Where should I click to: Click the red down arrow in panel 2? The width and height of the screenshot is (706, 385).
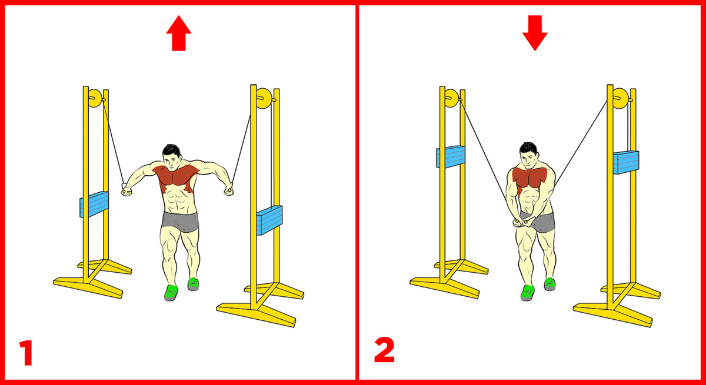click(535, 33)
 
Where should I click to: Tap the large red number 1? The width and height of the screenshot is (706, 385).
click(26, 352)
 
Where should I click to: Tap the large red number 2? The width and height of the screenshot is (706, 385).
click(384, 350)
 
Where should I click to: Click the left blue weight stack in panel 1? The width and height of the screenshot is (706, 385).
click(94, 205)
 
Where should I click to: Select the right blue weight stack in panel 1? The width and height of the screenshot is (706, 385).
click(269, 220)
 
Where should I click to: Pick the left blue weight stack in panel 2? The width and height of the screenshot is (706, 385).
click(451, 156)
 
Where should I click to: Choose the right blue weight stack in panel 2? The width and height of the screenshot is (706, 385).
click(626, 162)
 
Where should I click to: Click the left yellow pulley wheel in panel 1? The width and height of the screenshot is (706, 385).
click(95, 98)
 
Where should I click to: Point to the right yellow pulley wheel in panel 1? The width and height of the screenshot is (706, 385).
click(264, 99)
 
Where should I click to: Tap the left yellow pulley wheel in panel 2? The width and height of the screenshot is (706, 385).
click(451, 98)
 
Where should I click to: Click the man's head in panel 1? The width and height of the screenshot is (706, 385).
click(172, 158)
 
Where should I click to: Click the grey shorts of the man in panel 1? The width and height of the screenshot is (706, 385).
click(180, 222)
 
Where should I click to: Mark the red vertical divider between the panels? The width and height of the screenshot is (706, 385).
click(357, 192)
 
